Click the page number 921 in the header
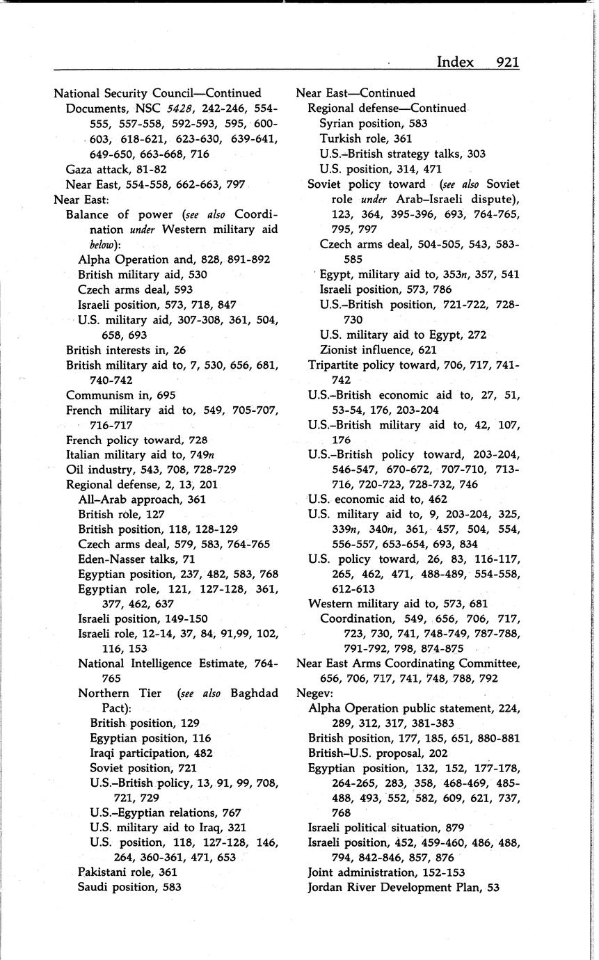[x=508, y=62]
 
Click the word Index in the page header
[x=455, y=62]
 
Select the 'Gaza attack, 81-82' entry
[x=116, y=169]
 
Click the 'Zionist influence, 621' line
[x=378, y=350]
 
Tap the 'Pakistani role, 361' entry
[x=128, y=872]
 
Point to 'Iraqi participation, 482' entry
[x=151, y=753]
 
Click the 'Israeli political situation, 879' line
[x=386, y=827]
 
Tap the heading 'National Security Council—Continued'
[x=158, y=93]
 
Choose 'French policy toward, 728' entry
[x=136, y=440]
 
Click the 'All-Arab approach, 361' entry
[x=142, y=499]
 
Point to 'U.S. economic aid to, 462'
[x=378, y=499]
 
